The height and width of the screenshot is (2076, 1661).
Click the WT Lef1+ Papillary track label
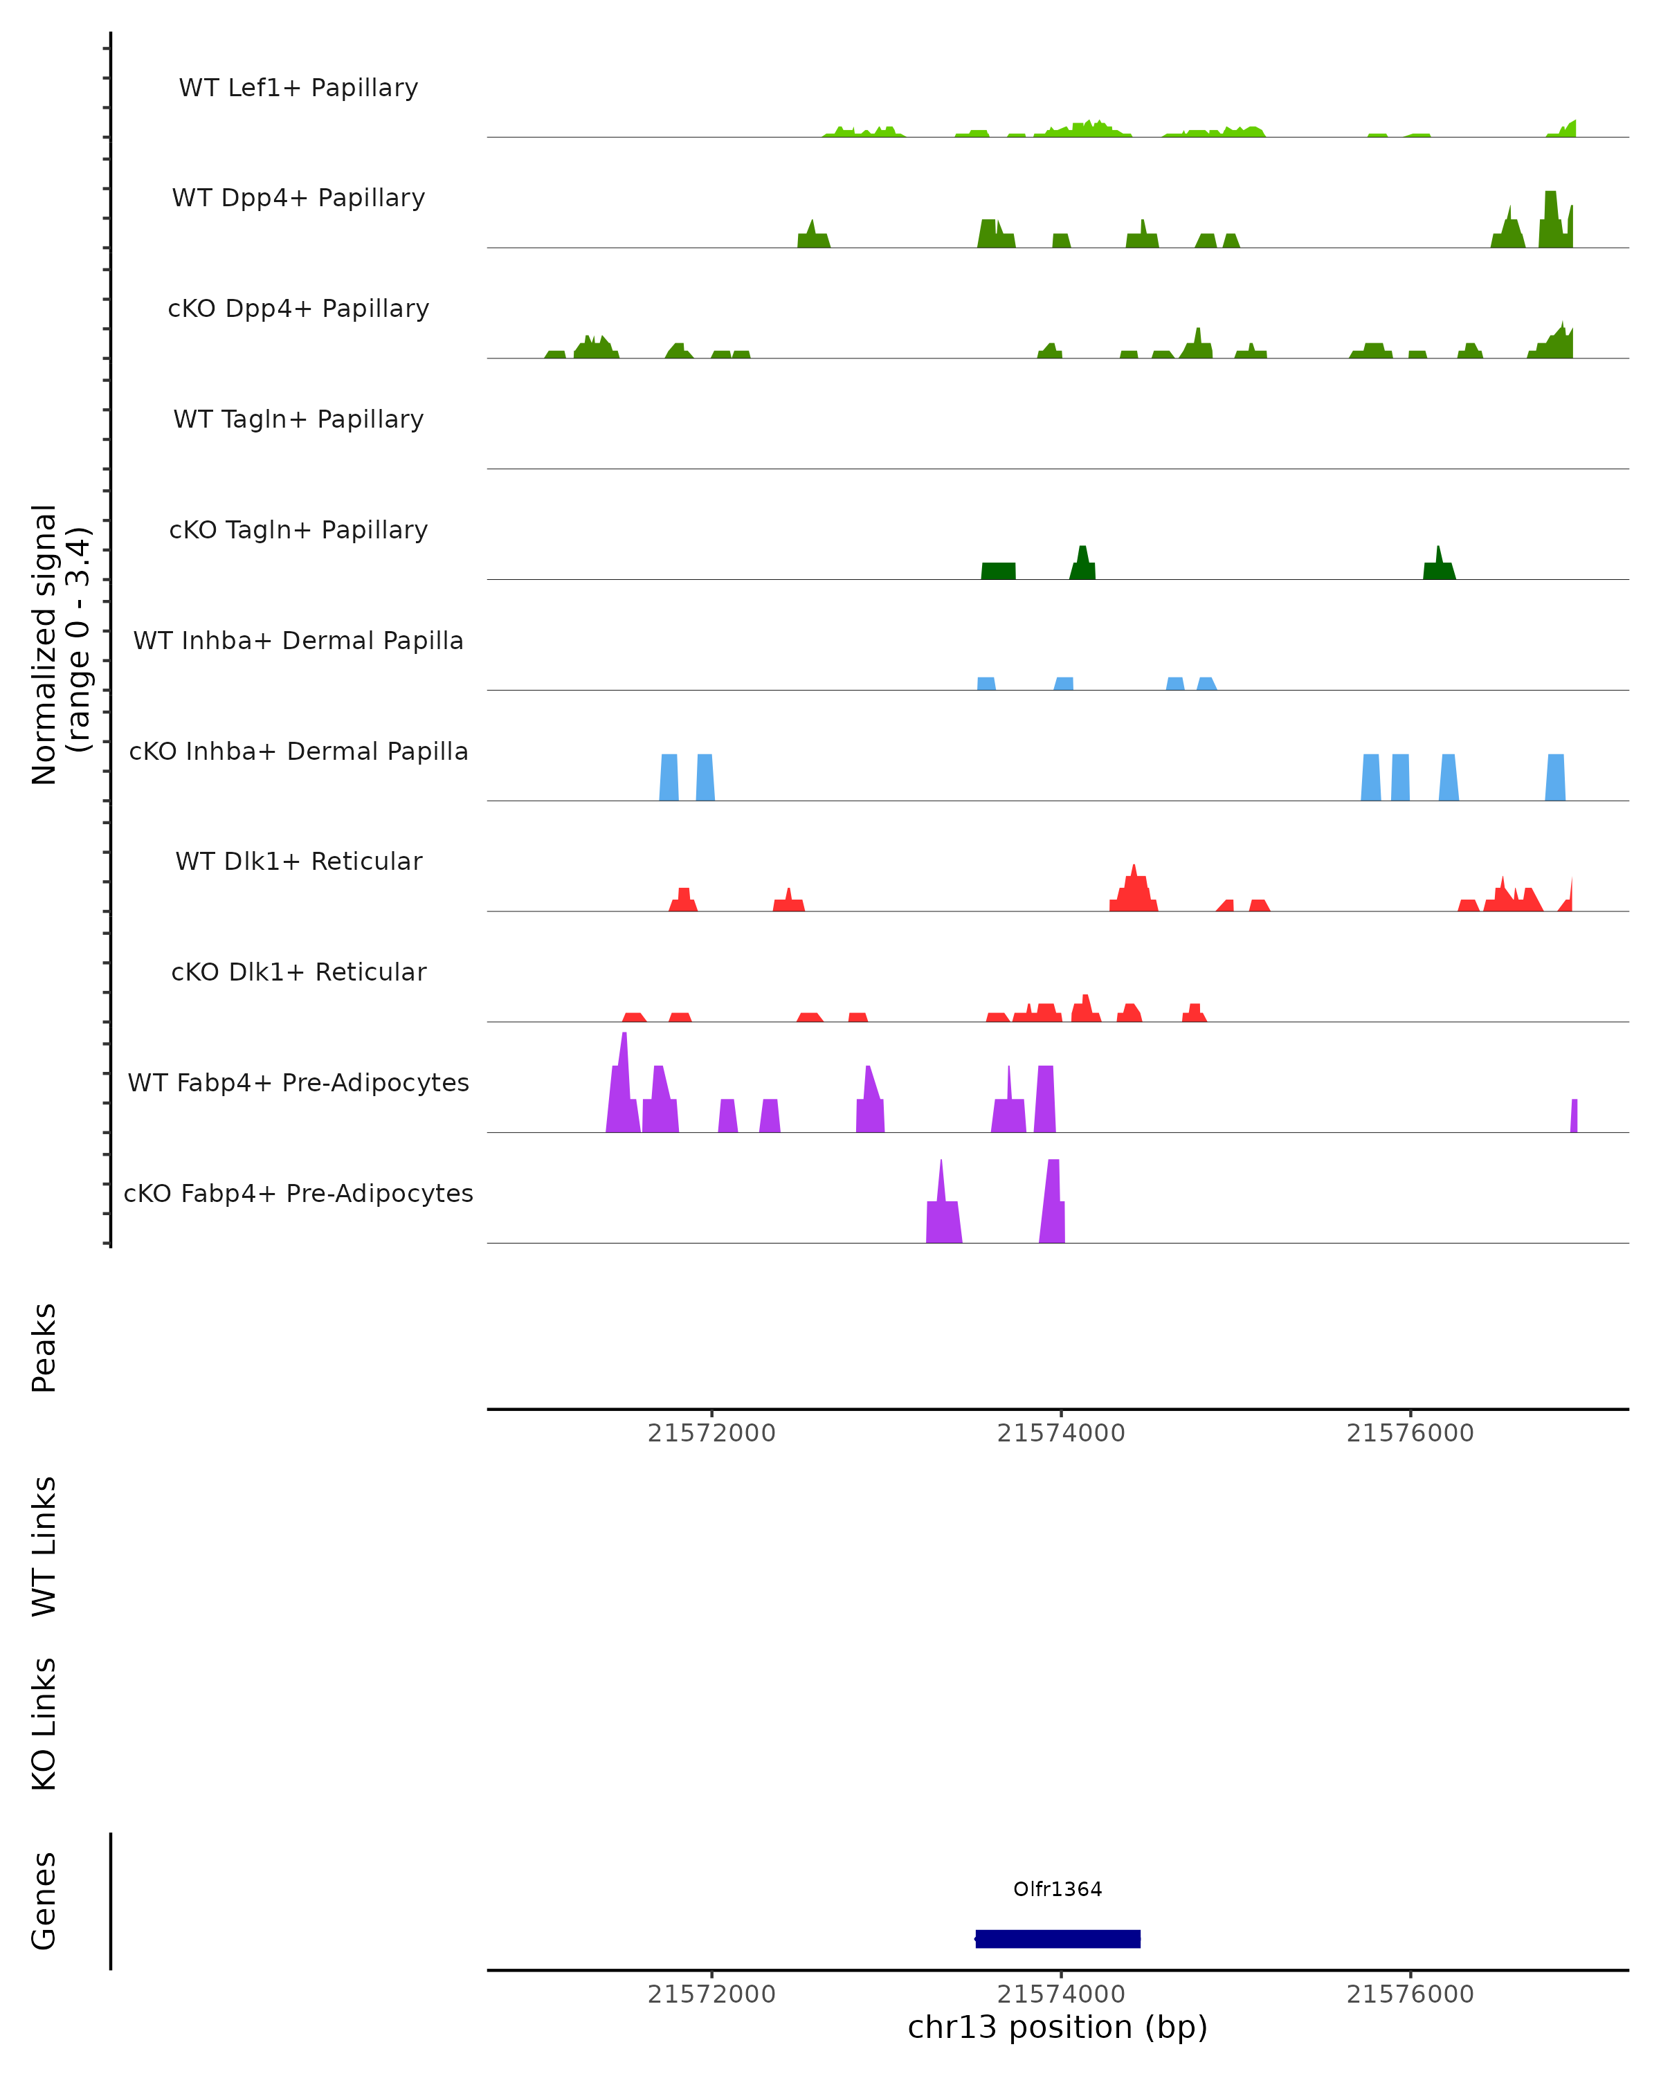pyautogui.click(x=298, y=88)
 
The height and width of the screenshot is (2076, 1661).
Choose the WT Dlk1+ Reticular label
pyautogui.click(x=298, y=861)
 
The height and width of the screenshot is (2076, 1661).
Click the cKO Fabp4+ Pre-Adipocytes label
pyautogui.click(x=298, y=1193)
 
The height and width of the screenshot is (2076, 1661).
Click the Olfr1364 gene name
pyautogui.click(x=1058, y=1888)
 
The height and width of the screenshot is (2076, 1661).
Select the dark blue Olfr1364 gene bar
pyautogui.click(x=1058, y=1938)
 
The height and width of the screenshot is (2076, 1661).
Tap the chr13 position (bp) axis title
pyautogui.click(x=1058, y=2027)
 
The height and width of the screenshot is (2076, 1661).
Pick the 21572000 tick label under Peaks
pyautogui.click(x=711, y=1433)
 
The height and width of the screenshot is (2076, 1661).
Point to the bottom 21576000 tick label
pyautogui.click(x=1410, y=1994)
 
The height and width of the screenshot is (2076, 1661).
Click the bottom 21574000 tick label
pyautogui.click(x=1061, y=1994)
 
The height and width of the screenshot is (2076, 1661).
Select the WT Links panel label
pyautogui.click(x=44, y=1547)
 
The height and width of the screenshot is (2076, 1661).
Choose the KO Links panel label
pyautogui.click(x=44, y=1724)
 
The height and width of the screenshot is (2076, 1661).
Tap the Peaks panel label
pyautogui.click(x=44, y=1348)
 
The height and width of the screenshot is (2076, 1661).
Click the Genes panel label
pyautogui.click(x=44, y=1901)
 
